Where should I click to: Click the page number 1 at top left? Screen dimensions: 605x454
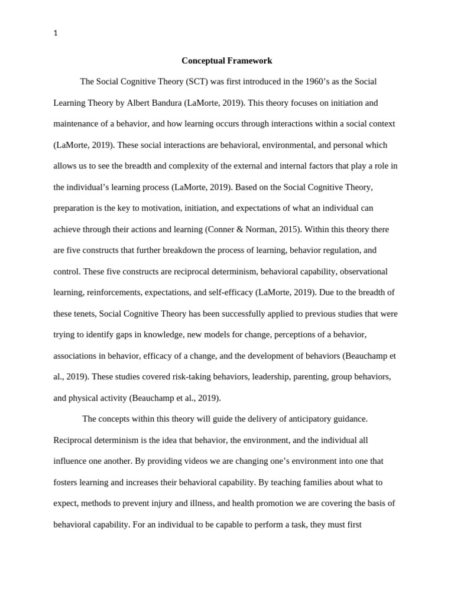click(x=56, y=34)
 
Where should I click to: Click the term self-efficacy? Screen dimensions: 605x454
click(x=231, y=292)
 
